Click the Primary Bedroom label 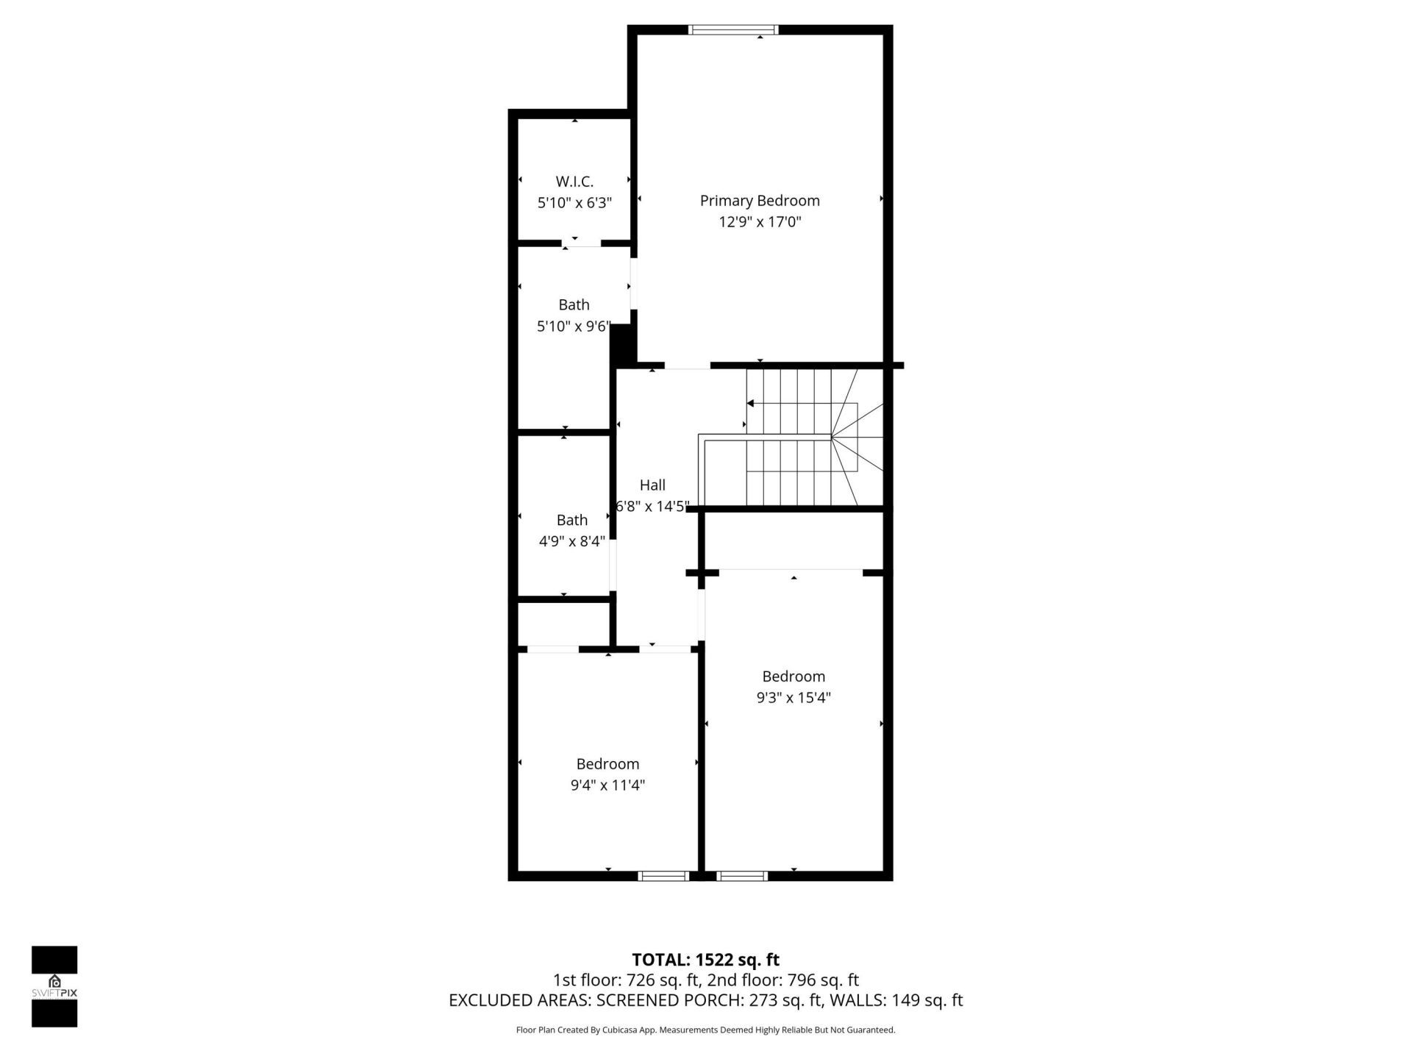759,201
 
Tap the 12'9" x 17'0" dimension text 759,222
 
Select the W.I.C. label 574,182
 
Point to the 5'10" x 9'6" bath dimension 574,327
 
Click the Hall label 652,485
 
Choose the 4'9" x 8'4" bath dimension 571,542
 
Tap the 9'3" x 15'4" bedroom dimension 793,698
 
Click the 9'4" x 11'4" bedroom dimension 607,785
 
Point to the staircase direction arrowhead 750,403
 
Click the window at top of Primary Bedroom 733,30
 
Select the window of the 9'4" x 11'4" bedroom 663,876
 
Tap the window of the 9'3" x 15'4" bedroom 741,876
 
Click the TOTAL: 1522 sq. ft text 705,960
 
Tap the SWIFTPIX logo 54,986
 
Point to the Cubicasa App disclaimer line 705,1030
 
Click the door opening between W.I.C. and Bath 582,243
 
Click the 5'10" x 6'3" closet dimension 574,203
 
